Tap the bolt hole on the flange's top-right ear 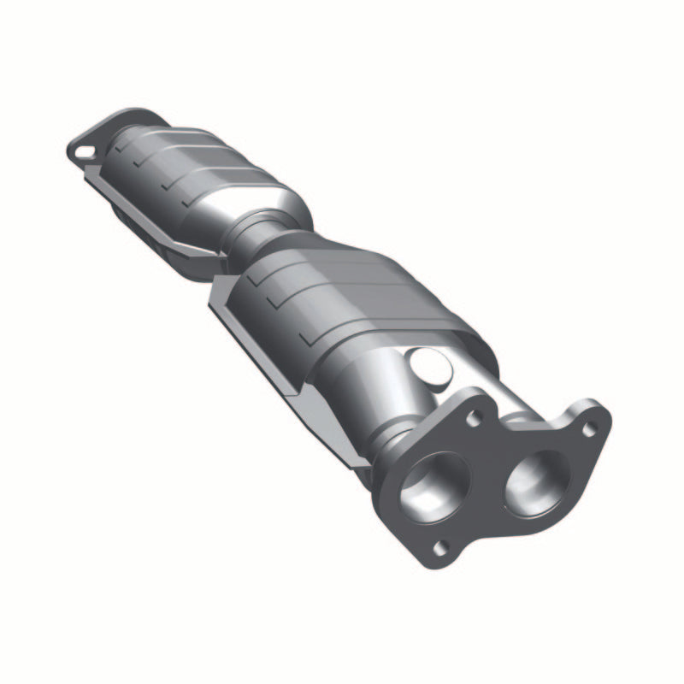coord(589,428)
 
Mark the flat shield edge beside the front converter coord(256,342)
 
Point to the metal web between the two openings coord(485,479)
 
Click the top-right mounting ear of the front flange coord(590,423)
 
